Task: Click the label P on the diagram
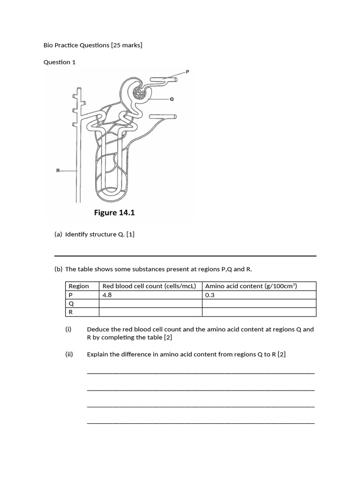coord(187,72)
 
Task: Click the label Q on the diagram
coord(172,99)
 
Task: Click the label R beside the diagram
coord(58,171)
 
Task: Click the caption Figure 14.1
coord(114,213)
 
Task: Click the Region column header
coord(79,286)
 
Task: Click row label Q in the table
coord(71,303)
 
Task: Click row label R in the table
coord(71,312)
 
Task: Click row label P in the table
coord(71,295)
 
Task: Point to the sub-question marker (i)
coord(68,329)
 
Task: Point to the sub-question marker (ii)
coord(69,354)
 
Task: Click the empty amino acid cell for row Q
coord(259,303)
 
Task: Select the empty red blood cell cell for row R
coord(150,312)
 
